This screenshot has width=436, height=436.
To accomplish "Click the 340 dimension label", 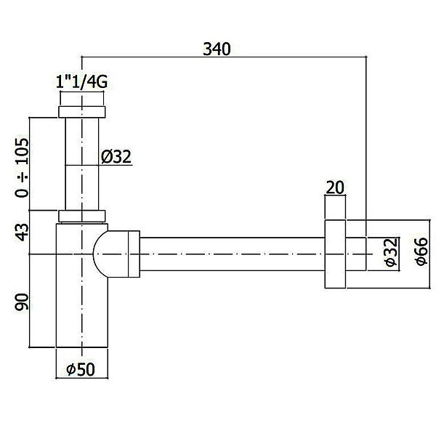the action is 217,49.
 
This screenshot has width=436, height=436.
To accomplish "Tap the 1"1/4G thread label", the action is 81,82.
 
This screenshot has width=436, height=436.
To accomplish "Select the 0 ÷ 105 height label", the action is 22,167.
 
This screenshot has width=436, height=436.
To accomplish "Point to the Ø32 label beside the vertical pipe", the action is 116,157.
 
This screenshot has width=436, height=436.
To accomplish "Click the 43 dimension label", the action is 22,233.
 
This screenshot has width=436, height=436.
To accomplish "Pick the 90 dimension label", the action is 22,302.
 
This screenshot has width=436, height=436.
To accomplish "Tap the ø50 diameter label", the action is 81,370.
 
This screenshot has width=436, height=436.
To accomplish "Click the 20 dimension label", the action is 335,187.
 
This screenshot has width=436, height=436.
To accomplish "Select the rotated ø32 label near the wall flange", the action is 392,252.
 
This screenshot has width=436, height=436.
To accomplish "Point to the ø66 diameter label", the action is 421,251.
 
